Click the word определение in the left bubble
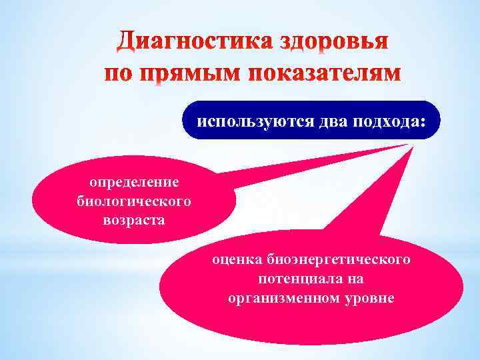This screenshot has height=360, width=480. (x=134, y=181)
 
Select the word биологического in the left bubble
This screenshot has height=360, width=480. (x=134, y=201)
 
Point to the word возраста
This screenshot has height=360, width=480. (x=134, y=219)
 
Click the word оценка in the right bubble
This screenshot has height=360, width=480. (x=237, y=258)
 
